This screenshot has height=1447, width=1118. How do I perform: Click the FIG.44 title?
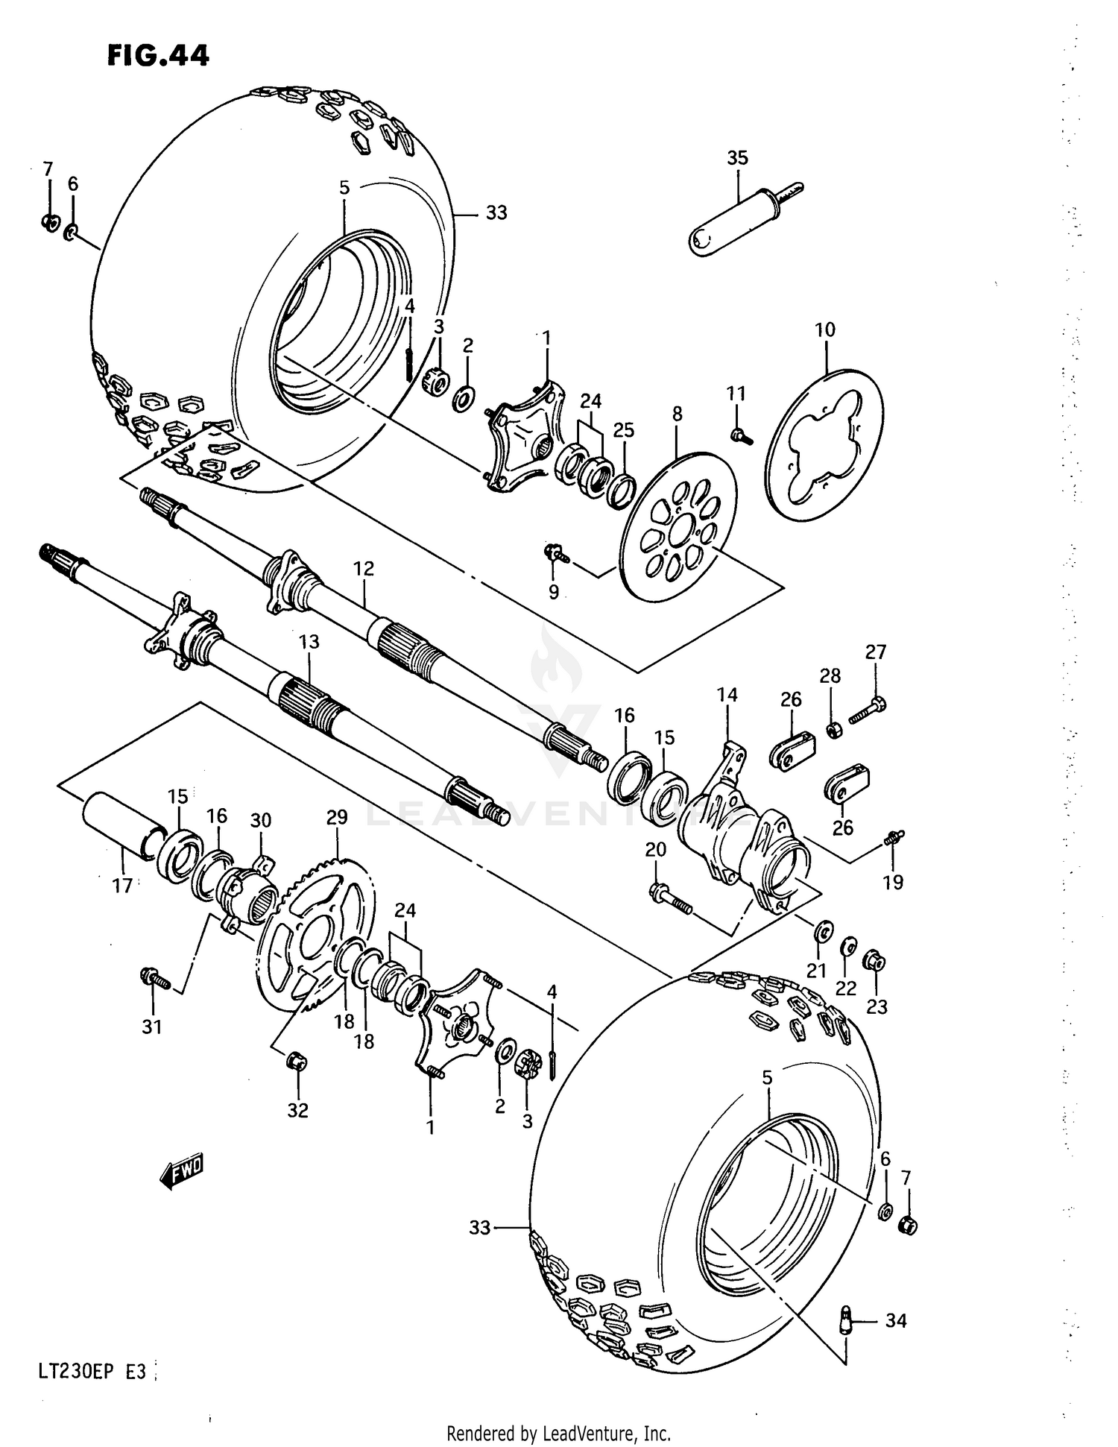(158, 55)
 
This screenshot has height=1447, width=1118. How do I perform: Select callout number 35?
(737, 158)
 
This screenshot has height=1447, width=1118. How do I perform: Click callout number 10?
(824, 330)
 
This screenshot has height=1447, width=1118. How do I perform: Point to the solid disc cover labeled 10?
(850, 417)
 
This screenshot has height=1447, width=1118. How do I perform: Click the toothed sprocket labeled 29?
(317, 932)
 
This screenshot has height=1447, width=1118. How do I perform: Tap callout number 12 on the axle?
(363, 568)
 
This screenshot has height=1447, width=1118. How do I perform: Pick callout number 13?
(309, 641)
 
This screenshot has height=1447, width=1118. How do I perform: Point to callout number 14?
(727, 695)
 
